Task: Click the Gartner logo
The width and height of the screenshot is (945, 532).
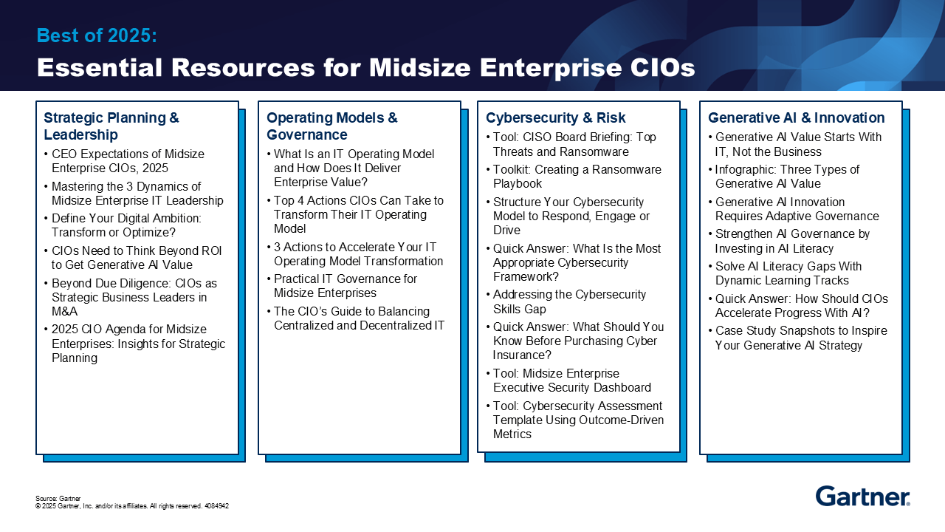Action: [x=862, y=496]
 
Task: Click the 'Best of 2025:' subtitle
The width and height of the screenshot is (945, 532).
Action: [x=97, y=35]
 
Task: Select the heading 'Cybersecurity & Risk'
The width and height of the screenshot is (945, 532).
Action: [x=555, y=117]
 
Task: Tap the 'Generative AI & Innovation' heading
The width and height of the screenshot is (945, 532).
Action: [x=796, y=117]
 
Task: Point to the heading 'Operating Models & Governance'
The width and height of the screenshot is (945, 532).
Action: [x=331, y=126]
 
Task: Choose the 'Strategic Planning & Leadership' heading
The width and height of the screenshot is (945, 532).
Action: [x=111, y=126]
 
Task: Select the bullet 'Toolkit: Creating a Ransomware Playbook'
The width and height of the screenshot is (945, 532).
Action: [x=577, y=177]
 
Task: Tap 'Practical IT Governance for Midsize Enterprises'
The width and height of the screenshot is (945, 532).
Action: [x=345, y=286]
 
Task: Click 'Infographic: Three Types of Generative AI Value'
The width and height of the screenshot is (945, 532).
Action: [x=787, y=177]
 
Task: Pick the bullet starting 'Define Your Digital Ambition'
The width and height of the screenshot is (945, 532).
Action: [x=126, y=225]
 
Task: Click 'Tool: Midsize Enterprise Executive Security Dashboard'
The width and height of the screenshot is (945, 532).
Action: [x=571, y=381]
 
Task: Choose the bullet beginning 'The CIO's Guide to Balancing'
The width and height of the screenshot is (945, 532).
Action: [x=359, y=318]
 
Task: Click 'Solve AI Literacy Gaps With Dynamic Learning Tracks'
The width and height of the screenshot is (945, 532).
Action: [x=788, y=273]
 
